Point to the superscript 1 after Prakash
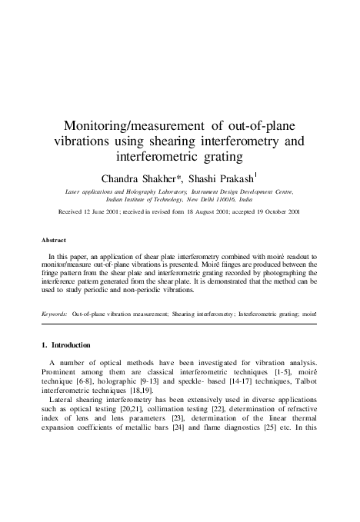pyautogui.click(x=256, y=174)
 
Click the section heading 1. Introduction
pyautogui.click(x=72, y=345)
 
